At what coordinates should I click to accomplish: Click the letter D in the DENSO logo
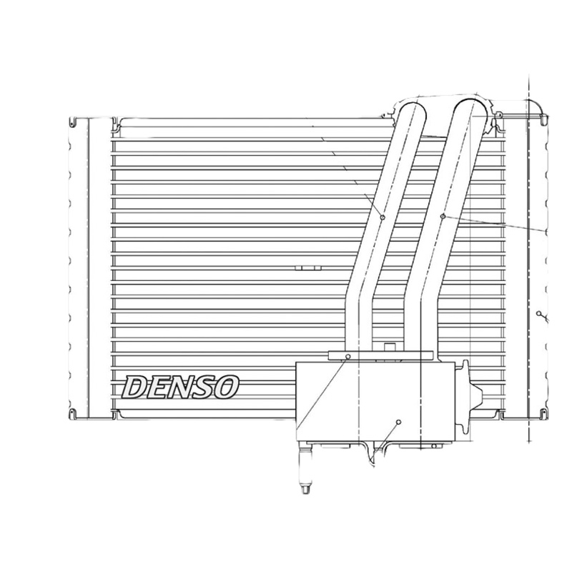(137, 387)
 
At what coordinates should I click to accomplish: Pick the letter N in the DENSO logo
(179, 387)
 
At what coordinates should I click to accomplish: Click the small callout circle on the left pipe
(383, 217)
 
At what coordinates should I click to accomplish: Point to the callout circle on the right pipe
(443, 215)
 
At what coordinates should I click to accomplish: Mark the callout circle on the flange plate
(348, 355)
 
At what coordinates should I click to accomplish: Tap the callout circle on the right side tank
(538, 314)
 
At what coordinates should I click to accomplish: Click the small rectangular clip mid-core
(307, 268)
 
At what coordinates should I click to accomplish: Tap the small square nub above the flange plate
(390, 347)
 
